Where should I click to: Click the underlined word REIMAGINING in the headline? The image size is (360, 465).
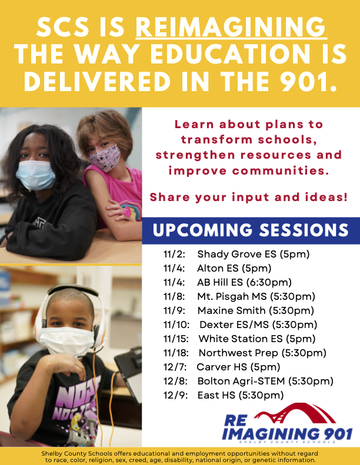point(231,26)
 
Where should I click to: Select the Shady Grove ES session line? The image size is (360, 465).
point(236,254)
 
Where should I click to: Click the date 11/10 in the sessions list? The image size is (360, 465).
point(176,325)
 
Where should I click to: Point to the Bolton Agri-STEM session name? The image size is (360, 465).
point(241,381)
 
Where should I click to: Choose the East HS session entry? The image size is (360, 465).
point(224,395)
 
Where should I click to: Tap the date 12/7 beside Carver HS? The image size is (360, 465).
point(175,367)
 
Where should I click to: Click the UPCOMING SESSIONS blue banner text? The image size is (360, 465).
point(251,230)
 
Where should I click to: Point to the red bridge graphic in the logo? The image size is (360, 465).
point(295,413)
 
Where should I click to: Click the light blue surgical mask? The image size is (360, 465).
point(36,175)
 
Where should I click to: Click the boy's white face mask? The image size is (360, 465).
point(67,341)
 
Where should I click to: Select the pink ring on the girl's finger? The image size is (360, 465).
point(127,212)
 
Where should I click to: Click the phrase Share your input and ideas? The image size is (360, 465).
point(249,197)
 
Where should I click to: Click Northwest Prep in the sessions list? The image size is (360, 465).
point(238,353)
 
